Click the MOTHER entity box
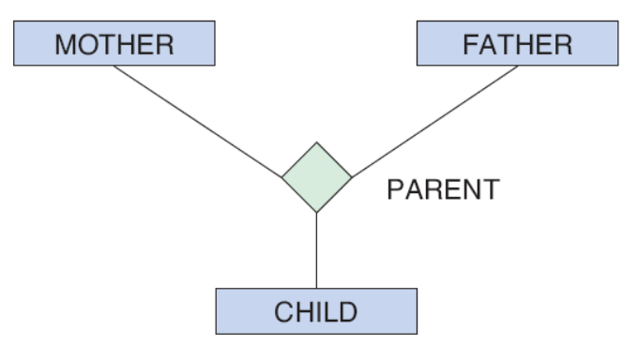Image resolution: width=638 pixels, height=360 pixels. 114,43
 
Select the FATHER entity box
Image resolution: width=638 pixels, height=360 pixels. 518,43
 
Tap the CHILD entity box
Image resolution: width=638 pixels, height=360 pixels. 316,311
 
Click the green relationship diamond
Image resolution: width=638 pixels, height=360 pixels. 316,177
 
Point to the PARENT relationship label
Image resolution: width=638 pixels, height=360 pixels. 444,189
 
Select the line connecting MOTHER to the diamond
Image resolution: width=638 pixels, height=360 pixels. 198,121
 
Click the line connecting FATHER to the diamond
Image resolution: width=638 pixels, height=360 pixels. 434,121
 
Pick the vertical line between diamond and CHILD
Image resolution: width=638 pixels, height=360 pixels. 316,250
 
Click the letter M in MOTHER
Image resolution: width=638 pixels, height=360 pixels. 65,45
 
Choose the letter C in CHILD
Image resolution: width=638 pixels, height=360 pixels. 283,312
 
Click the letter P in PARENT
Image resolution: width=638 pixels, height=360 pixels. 395,189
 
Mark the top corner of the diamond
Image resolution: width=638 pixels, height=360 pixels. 316,142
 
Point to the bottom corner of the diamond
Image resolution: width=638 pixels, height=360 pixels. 316,212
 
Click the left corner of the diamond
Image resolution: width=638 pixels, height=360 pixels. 282,177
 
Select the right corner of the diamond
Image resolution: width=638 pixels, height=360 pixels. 352,177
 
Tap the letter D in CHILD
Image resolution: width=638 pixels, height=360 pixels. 348,312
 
